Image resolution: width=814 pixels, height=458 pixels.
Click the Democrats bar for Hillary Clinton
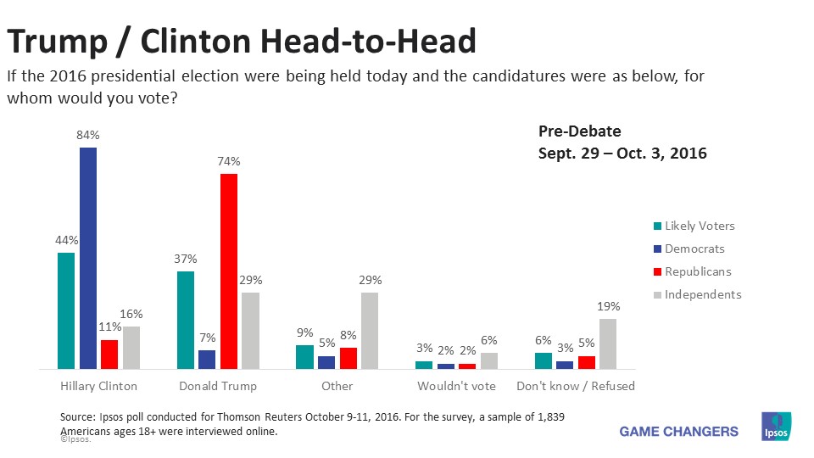88,259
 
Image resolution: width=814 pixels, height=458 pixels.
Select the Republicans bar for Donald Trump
229,271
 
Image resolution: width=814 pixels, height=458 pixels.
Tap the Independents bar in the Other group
370,331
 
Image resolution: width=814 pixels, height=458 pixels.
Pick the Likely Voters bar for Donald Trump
186,320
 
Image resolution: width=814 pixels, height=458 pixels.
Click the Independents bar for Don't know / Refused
609,343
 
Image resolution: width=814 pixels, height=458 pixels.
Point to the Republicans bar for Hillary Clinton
109,355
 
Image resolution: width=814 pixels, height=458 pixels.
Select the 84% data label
88,135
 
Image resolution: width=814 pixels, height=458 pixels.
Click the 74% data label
229,161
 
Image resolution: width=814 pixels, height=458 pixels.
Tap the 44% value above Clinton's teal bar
66,240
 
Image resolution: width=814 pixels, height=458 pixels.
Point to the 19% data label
609,306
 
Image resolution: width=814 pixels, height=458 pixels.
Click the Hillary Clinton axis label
98,386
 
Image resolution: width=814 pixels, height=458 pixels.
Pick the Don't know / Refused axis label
576,386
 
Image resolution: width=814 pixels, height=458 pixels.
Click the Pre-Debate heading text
580,131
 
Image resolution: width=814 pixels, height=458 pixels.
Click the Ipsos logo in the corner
777,427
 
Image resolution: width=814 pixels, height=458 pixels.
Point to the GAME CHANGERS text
678,431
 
